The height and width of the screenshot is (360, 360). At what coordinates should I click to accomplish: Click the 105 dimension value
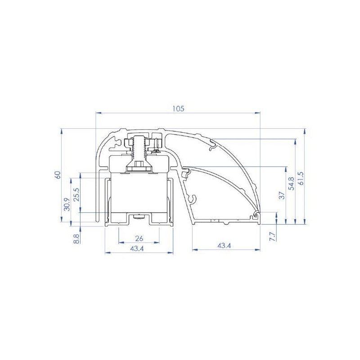click(178, 108)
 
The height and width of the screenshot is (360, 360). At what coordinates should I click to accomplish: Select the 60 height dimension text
click(58, 175)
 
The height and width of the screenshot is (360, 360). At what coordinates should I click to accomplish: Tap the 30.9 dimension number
click(67, 204)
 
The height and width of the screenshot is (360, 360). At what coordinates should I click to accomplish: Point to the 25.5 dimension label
click(76, 195)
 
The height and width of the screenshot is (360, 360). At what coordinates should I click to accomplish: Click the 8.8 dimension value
click(76, 238)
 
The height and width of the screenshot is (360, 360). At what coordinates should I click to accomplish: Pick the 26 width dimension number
click(139, 238)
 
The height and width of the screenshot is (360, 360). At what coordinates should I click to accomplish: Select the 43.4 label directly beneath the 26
click(137, 249)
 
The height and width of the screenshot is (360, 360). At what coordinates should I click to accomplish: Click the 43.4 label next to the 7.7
click(224, 246)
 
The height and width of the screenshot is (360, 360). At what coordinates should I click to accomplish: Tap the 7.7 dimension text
click(272, 237)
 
